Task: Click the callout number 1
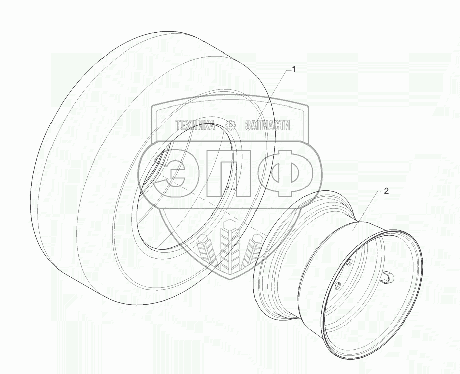(x=294, y=69)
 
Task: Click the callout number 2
(x=386, y=191)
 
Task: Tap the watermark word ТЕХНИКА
(x=195, y=125)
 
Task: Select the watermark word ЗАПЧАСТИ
(x=267, y=125)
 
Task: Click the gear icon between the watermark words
(x=231, y=125)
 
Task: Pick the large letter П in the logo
(x=229, y=173)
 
